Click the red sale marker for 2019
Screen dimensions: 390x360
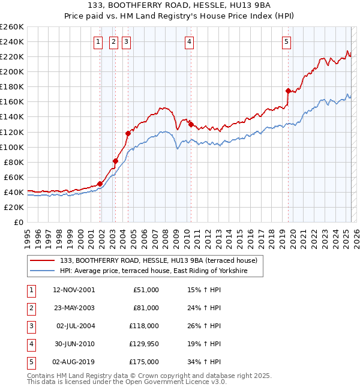pos(288,91)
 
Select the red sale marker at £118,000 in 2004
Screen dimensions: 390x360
pos(128,133)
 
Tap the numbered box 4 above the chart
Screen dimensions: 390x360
pos(189,42)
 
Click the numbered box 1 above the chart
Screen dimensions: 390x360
pos(97,42)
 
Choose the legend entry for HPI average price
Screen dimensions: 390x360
pos(161,271)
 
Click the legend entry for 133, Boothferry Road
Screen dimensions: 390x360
pos(158,260)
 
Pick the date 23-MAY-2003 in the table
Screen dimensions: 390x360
pos(74,308)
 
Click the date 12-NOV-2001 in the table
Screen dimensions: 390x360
pos(74,290)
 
